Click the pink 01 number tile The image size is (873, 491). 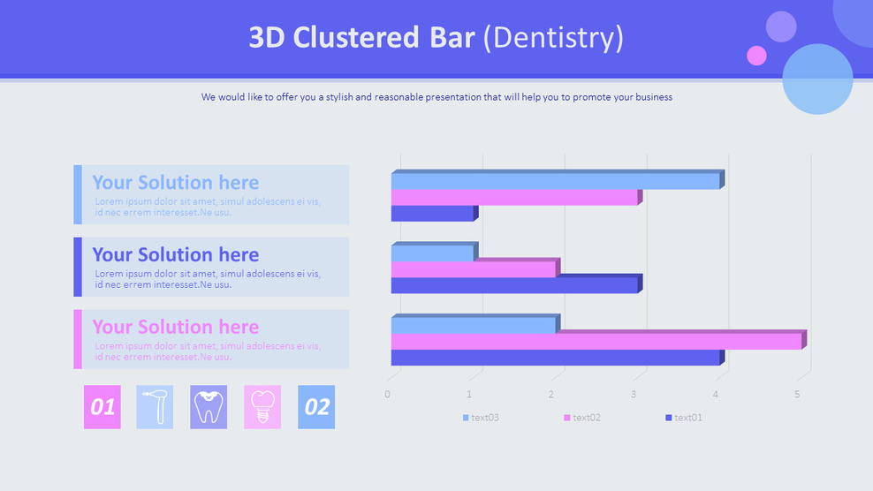click(102, 407)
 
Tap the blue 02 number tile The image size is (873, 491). click(316, 407)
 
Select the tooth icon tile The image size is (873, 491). click(209, 407)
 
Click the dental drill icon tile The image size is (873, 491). click(155, 407)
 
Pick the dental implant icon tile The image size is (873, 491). click(262, 407)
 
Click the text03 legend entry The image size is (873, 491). click(481, 418)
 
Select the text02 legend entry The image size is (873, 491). click(582, 418)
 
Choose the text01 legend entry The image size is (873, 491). click(684, 418)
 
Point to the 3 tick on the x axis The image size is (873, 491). click(633, 394)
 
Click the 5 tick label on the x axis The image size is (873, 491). click(797, 394)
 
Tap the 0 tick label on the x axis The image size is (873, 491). click(388, 394)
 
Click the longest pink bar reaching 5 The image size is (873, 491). click(598, 340)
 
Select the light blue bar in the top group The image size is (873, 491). click(558, 180)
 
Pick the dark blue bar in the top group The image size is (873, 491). click(435, 213)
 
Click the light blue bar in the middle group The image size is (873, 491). click(435, 252)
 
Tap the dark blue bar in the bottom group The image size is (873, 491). click(558, 358)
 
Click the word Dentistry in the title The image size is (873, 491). click(553, 38)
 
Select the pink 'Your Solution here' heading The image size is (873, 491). click(175, 327)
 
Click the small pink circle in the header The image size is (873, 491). click(756, 56)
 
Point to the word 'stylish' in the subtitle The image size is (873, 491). click(339, 97)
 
